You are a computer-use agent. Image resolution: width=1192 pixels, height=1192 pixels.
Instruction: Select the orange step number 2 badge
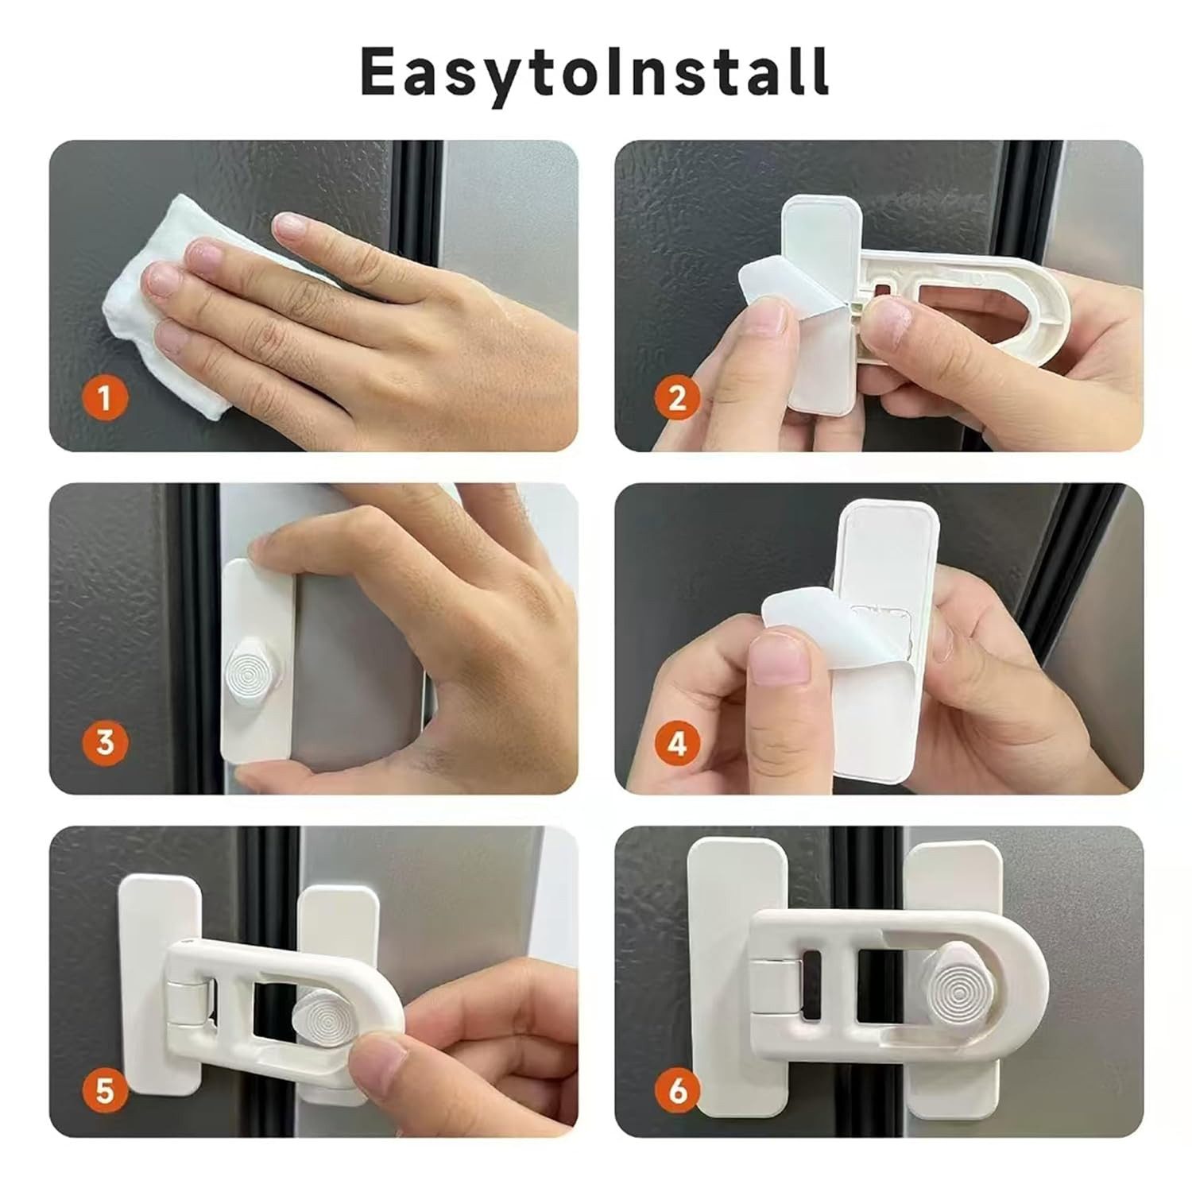[x=677, y=397]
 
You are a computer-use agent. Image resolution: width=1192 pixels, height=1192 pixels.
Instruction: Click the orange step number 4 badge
[x=677, y=744]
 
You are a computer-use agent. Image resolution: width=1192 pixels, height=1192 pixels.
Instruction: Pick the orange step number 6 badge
[x=677, y=1090]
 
